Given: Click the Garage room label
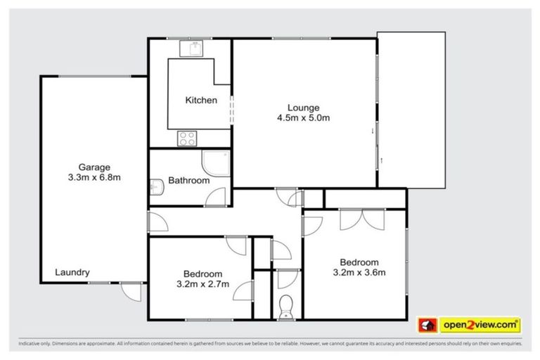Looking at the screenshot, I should (x=94, y=167).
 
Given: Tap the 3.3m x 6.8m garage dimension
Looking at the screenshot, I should (x=94, y=177).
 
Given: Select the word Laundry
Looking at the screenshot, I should (x=72, y=272).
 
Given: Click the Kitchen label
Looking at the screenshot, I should (x=200, y=101).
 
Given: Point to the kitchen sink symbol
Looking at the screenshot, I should (x=190, y=49).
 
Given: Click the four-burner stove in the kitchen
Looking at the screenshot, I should (x=187, y=138).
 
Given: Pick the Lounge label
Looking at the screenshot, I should (x=303, y=108).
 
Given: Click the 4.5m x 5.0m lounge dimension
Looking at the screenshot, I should (x=303, y=118).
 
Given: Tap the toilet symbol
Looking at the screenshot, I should (x=285, y=307).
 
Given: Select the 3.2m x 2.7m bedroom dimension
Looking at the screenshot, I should (x=202, y=285).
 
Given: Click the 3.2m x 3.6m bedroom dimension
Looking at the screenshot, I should (x=359, y=273).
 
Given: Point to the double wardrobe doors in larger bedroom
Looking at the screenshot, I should (x=361, y=219).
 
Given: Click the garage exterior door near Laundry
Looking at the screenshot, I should (x=129, y=290).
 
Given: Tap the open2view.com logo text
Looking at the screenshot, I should (x=480, y=325).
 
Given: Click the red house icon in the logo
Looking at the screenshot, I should (x=427, y=325).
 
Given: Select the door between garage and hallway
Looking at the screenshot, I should (x=157, y=223).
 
